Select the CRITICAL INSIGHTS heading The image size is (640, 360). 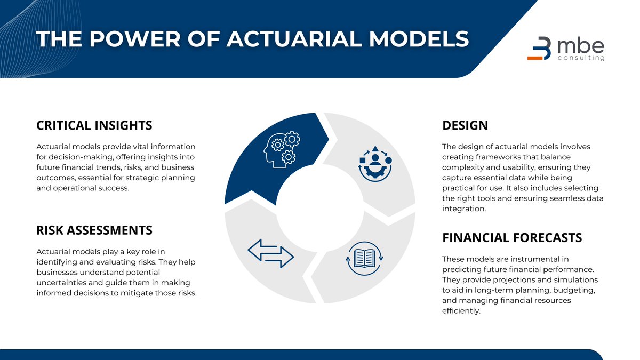(94, 125)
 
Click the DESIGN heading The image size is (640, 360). (465, 125)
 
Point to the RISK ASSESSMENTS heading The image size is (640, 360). (94, 230)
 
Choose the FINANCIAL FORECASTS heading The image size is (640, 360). (512, 237)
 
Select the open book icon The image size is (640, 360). (365, 259)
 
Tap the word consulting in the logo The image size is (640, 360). (581, 58)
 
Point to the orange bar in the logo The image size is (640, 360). (535, 58)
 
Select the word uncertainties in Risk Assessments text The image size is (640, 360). (61, 282)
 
